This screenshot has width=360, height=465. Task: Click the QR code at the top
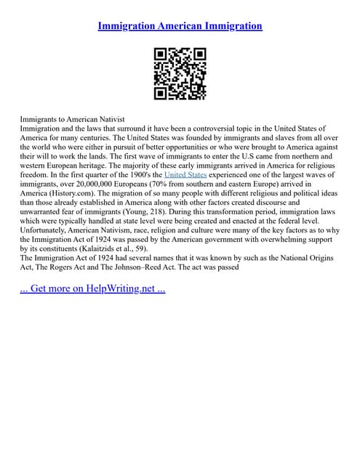coord(180,73)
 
